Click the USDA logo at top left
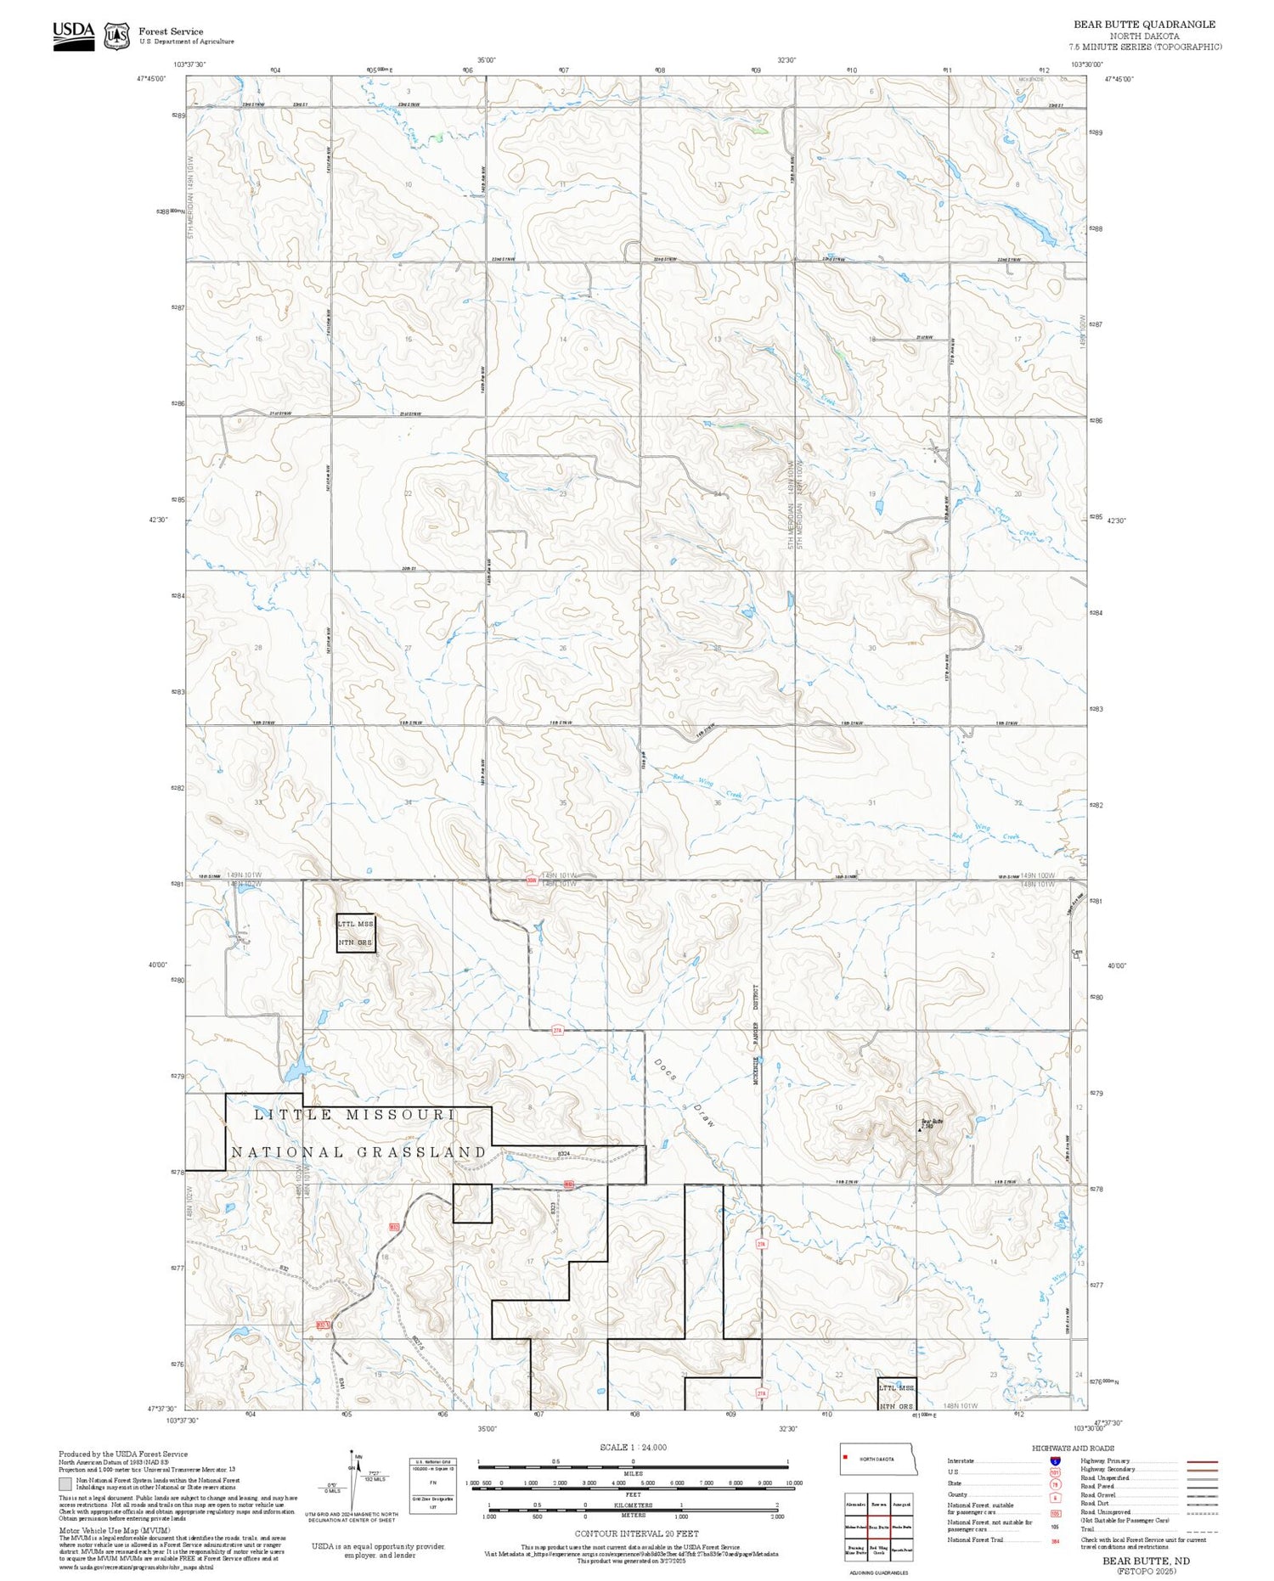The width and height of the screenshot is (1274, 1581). tap(74, 36)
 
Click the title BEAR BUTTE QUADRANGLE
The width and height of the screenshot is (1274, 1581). tap(1144, 24)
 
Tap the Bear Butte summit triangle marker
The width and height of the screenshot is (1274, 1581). tap(920, 1129)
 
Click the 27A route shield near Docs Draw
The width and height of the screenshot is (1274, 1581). tap(557, 1031)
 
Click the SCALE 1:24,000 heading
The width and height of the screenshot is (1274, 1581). tap(633, 1448)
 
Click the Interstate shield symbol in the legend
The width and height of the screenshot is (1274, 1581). tap(1055, 1460)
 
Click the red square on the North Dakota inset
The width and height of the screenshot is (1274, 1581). tap(846, 1459)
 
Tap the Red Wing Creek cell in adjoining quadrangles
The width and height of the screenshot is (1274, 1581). tap(878, 1550)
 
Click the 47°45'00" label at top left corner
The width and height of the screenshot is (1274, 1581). tap(151, 78)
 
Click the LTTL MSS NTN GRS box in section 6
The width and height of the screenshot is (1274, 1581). tap(355, 932)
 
